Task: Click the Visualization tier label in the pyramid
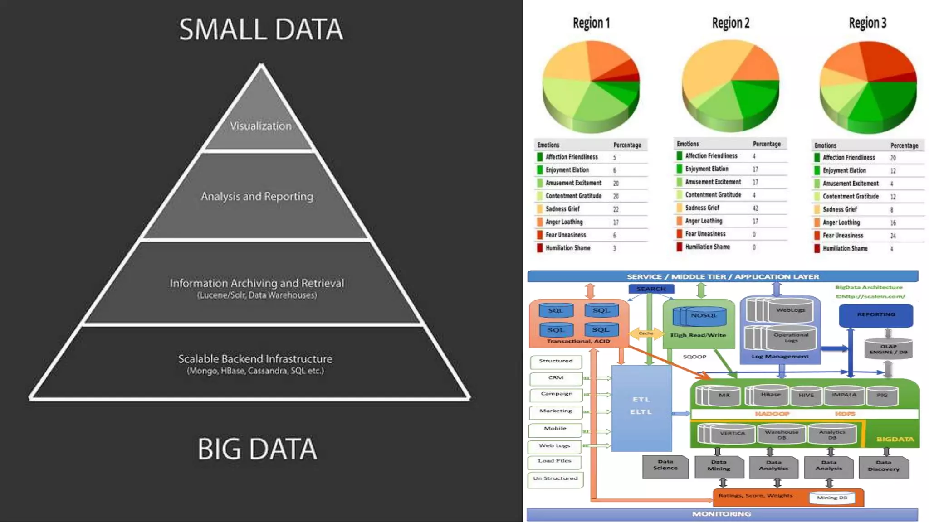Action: (x=260, y=126)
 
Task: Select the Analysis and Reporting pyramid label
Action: (x=257, y=196)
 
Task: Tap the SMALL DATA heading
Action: (x=261, y=29)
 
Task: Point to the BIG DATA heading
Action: (x=257, y=449)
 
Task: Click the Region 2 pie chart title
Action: (x=730, y=23)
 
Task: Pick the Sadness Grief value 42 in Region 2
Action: (x=755, y=208)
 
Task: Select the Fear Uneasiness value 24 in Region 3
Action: (x=893, y=236)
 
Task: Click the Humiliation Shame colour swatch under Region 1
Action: (x=540, y=248)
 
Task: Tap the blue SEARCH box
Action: (x=651, y=289)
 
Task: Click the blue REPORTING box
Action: (x=875, y=315)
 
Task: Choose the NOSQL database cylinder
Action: (x=704, y=316)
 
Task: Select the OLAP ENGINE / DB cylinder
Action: (x=888, y=349)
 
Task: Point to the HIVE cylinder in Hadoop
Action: (x=806, y=396)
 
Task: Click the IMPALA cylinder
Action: (x=844, y=395)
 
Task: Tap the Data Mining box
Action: (x=719, y=466)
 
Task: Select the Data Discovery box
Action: (x=883, y=466)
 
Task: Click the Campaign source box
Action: (x=556, y=394)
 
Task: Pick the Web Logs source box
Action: (x=554, y=446)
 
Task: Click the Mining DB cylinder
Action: (x=832, y=498)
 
